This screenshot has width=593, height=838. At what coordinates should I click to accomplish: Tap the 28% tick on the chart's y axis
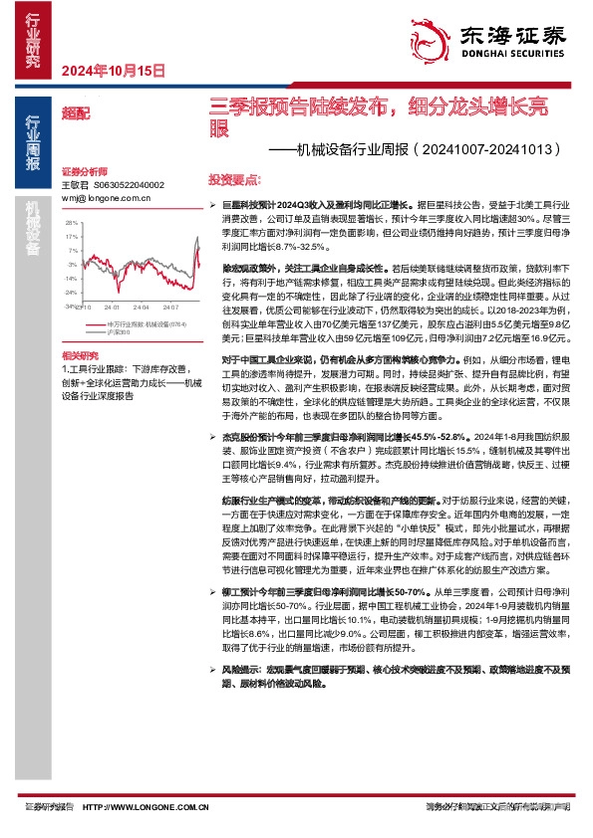72,224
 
